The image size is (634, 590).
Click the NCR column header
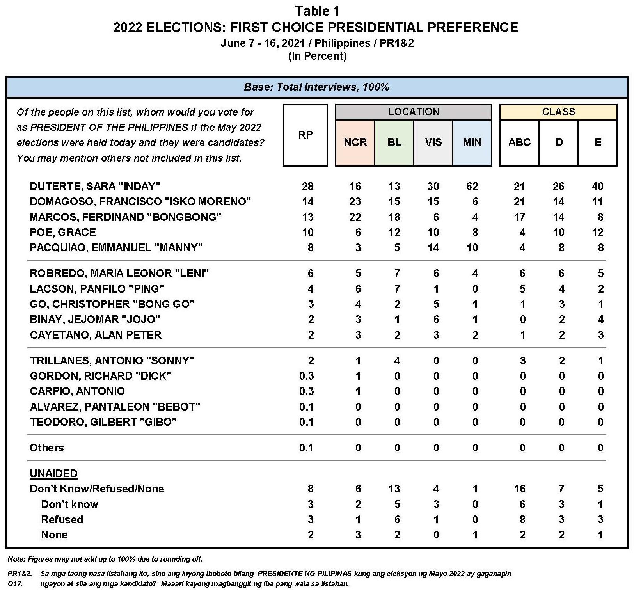[355, 142]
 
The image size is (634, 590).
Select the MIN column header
[472, 142]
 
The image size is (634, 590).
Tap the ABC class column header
[519, 142]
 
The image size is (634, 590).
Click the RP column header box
[305, 135]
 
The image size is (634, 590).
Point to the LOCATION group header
[414, 112]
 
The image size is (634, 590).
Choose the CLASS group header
[558, 112]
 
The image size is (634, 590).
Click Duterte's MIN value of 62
[472, 186]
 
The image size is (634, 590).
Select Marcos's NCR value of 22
[355, 217]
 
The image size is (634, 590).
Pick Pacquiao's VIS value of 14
[433, 248]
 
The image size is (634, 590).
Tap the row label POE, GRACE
[63, 233]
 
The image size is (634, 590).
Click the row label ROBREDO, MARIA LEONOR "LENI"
[119, 273]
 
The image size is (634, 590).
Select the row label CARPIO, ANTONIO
[77, 391]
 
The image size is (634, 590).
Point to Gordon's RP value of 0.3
[306, 376]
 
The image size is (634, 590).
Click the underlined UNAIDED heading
[53, 473]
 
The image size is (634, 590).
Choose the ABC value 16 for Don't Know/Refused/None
[519, 489]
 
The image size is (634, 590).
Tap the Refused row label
[62, 520]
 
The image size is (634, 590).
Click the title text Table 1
[317, 11]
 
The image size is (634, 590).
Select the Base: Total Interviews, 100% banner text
[316, 87]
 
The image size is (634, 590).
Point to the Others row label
[46, 448]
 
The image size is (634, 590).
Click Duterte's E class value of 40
[597, 186]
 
